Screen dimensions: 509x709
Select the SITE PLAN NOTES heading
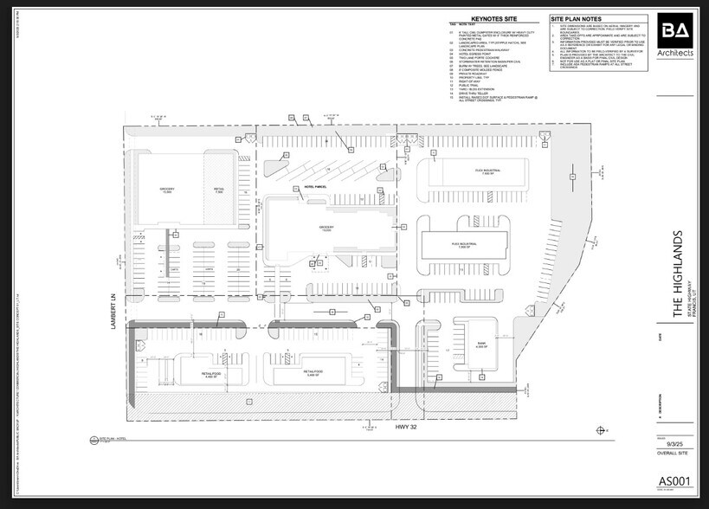579,17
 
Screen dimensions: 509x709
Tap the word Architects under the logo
675,54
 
